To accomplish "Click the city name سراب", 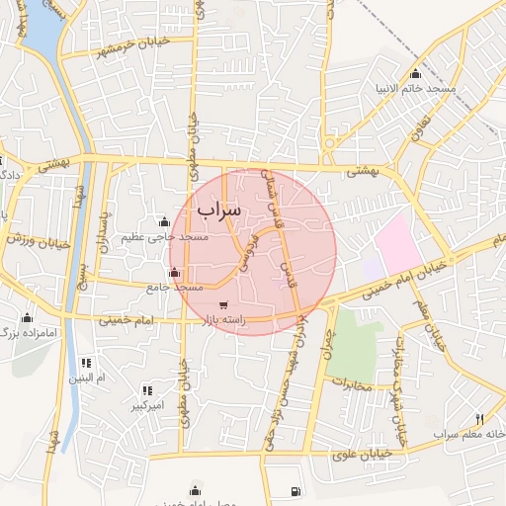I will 218,211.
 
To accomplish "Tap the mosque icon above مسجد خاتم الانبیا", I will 415,74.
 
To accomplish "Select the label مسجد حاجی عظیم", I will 165,237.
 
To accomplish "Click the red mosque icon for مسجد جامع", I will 174,271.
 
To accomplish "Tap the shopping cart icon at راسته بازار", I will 225,304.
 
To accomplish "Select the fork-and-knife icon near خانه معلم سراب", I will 480,419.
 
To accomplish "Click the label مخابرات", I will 351,383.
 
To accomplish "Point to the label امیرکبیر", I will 150,406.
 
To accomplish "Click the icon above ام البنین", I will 86,363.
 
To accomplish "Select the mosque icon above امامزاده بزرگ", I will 26,318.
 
